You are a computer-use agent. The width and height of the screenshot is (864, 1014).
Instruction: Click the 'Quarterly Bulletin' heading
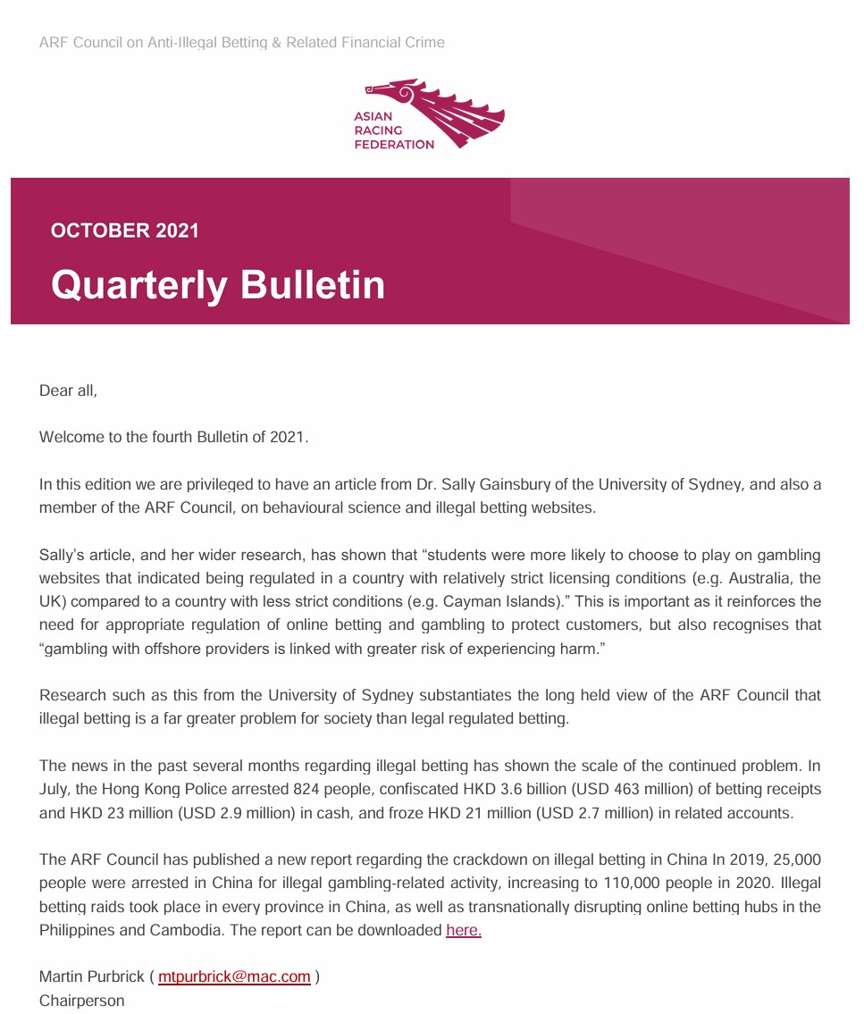218,284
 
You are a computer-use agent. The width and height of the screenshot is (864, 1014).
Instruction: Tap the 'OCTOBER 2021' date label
124,230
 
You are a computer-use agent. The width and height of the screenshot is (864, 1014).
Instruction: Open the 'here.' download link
464,930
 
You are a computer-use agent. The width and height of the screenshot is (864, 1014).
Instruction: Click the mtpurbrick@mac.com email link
234,976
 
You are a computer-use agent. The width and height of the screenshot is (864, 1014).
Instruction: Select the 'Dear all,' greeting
68,390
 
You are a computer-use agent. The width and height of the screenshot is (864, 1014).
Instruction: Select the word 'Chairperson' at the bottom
82,1001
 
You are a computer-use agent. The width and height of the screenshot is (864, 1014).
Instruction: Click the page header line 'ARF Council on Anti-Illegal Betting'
241,42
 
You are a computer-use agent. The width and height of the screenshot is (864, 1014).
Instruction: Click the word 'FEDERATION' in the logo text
394,145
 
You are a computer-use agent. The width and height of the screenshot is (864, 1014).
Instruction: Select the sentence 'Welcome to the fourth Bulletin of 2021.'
173,438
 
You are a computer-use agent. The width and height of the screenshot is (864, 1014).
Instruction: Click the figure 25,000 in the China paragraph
794,860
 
